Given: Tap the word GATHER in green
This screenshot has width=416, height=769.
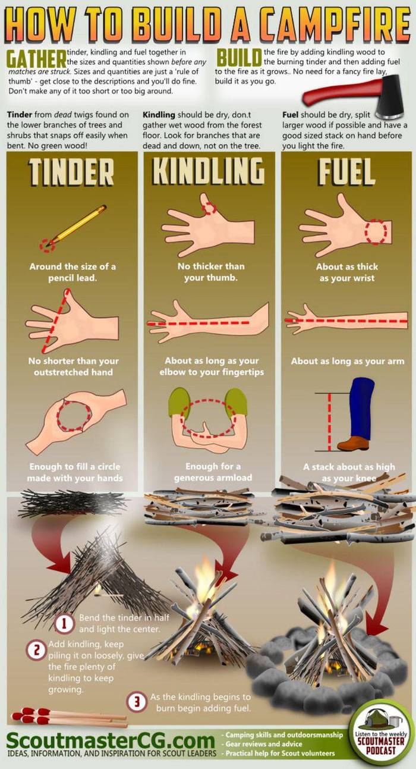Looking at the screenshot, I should point(36,59).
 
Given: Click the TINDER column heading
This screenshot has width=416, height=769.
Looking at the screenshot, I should point(72,172).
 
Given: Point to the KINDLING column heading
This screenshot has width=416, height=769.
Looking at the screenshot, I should point(209,172).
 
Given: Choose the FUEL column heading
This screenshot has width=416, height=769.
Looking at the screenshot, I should point(346,172).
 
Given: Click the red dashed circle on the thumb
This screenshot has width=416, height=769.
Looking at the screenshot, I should point(209,209).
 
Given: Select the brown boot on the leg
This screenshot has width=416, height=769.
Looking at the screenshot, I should point(353,442).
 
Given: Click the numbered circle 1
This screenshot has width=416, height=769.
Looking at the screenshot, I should point(64,623).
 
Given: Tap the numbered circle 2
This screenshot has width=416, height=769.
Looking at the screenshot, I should point(36,650).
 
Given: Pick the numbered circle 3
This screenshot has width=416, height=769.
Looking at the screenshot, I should point(137,702).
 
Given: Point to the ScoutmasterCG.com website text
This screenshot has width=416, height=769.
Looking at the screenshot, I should point(111,741).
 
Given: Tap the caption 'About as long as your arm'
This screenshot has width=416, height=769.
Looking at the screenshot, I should point(347,361).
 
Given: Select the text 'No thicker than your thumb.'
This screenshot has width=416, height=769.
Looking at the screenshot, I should point(211,272).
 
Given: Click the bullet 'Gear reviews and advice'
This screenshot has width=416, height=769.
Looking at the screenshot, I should point(264,744).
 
